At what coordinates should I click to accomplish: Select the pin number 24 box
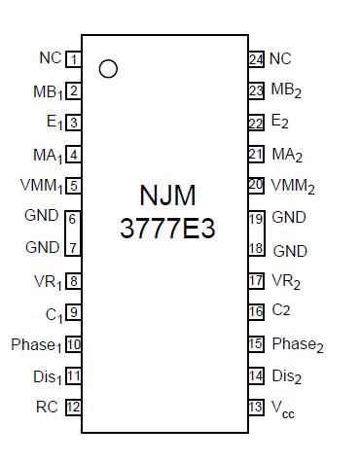[x=256, y=59]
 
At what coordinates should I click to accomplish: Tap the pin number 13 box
[x=256, y=407]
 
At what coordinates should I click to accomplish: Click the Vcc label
[x=282, y=409]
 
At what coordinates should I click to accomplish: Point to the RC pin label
[x=49, y=407]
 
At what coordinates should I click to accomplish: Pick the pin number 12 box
[x=73, y=407]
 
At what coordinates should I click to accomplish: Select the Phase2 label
[x=297, y=344]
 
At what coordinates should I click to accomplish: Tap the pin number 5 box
[x=73, y=186]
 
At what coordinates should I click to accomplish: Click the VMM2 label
[x=292, y=186]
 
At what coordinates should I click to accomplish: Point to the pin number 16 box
[x=256, y=312]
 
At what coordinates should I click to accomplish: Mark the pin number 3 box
[x=73, y=123]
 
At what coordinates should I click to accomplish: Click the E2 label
[x=279, y=123]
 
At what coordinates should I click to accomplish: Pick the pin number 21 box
[x=256, y=154]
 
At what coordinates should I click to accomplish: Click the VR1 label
[x=47, y=281]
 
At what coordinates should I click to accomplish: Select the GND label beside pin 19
[x=289, y=218]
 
